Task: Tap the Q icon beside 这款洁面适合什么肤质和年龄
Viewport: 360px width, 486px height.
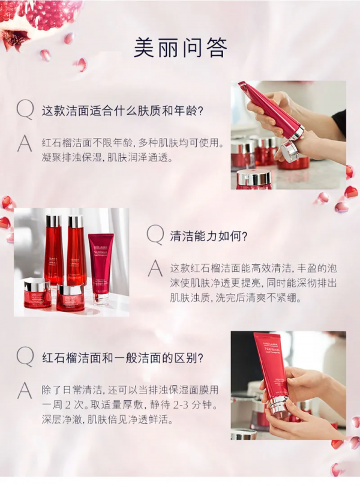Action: pyautogui.click(x=25, y=110)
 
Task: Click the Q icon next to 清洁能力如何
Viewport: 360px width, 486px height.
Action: pyautogui.click(x=155, y=235)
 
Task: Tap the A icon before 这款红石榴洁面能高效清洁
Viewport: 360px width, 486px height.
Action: pyautogui.click(x=155, y=267)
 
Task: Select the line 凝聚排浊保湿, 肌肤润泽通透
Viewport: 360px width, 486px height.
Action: pyautogui.click(x=99, y=158)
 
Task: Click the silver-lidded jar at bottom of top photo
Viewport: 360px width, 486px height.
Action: pyautogui.click(x=253, y=178)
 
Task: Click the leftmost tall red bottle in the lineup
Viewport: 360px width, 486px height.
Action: pyautogui.click(x=53, y=249)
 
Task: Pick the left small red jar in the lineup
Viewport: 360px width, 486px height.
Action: pyautogui.click(x=37, y=293)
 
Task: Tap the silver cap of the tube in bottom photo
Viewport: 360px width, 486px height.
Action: pyautogui.click(x=279, y=407)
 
